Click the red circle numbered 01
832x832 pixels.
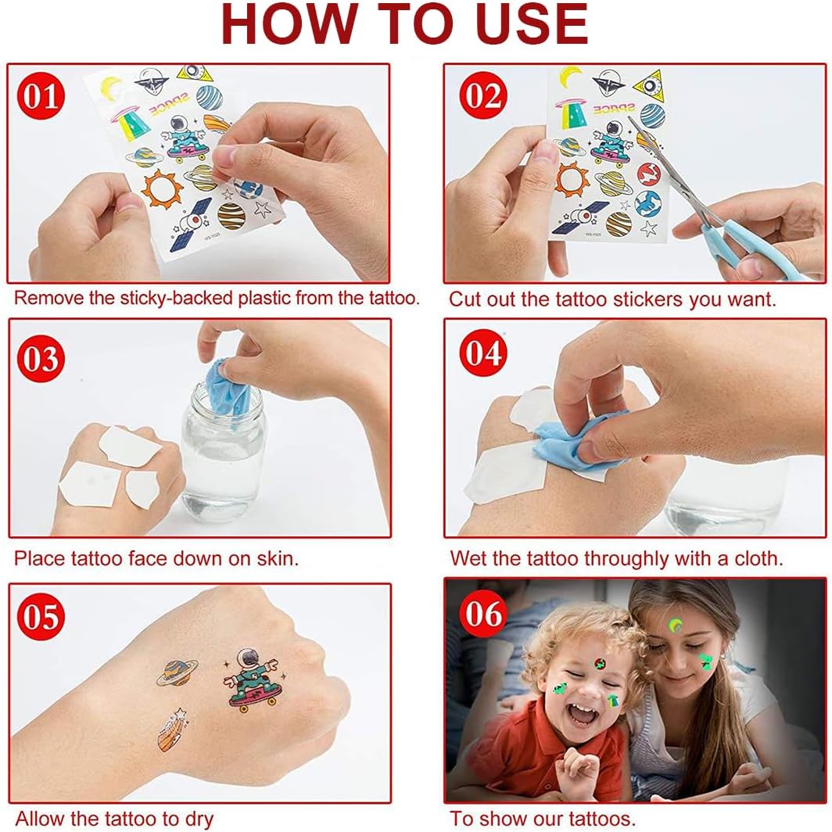click(x=41, y=96)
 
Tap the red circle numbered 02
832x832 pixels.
click(x=483, y=96)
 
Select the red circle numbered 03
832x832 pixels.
click(x=41, y=358)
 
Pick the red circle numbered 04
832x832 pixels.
click(x=483, y=353)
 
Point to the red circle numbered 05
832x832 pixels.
click(x=41, y=616)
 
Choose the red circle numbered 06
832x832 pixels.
click(x=483, y=614)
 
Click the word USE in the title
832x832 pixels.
click(x=533, y=24)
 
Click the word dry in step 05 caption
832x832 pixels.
click(x=199, y=819)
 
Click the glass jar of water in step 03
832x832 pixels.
click(x=223, y=451)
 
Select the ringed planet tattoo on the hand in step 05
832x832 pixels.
click(x=178, y=672)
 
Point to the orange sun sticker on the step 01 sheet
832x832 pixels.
click(x=161, y=189)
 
